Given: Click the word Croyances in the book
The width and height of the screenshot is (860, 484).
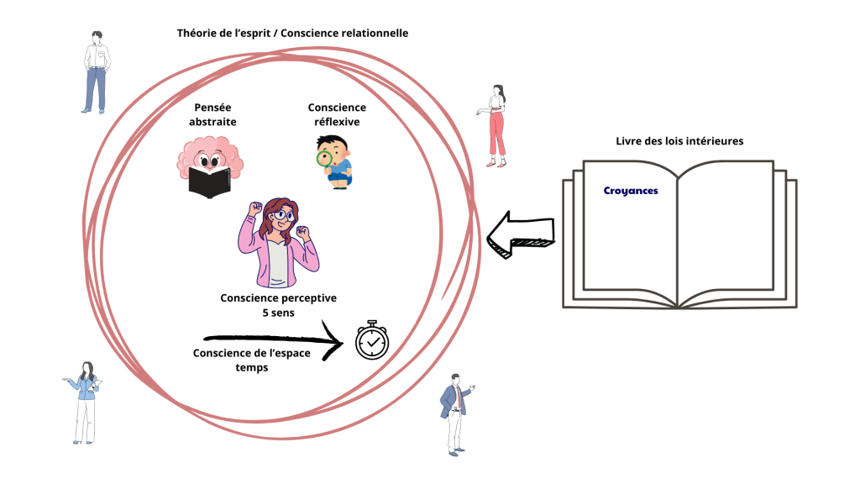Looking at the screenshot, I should point(630,191).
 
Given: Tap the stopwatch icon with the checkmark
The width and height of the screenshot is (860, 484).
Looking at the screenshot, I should point(371,340).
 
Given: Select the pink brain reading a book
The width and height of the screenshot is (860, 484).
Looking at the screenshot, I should point(209,164).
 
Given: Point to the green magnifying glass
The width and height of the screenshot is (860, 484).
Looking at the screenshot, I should point(324,159).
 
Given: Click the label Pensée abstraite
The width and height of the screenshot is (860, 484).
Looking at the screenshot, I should point(212,114).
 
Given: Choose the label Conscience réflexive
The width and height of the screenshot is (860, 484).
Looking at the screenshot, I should point(337,114).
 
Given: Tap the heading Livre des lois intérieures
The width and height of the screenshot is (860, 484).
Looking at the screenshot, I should point(679,140).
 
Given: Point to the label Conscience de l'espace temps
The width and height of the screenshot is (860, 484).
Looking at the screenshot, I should point(251,360).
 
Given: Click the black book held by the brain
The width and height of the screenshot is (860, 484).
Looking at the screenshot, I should point(209,181).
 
